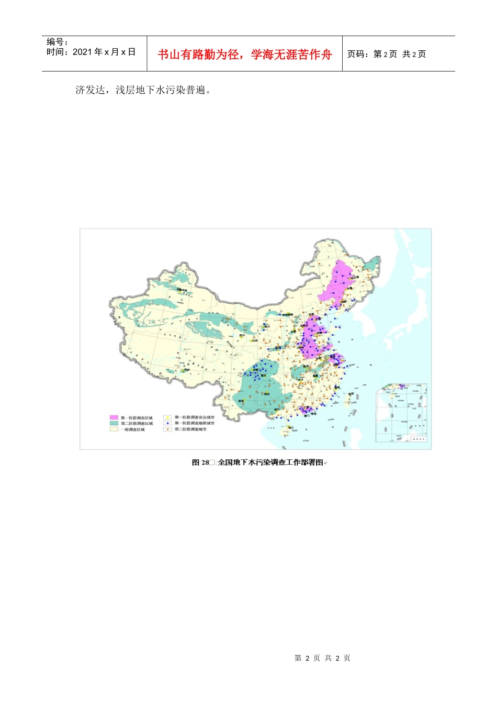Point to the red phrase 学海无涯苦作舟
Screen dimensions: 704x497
(x=291, y=54)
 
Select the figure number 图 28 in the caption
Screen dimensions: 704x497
(x=200, y=463)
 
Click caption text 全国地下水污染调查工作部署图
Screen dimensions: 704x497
(x=270, y=463)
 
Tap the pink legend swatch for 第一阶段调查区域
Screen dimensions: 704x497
(x=114, y=418)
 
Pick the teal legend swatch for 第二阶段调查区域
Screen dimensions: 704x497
(x=114, y=423)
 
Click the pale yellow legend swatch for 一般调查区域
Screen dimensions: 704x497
(x=114, y=429)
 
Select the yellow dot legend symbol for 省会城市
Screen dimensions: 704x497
(x=168, y=418)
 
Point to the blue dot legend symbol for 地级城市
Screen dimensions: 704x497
(x=168, y=423)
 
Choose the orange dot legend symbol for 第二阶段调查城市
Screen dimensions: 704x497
(x=168, y=429)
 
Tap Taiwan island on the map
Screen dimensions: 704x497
(x=348, y=399)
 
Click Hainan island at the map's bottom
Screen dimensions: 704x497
(x=285, y=431)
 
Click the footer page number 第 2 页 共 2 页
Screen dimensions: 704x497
(x=322, y=658)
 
